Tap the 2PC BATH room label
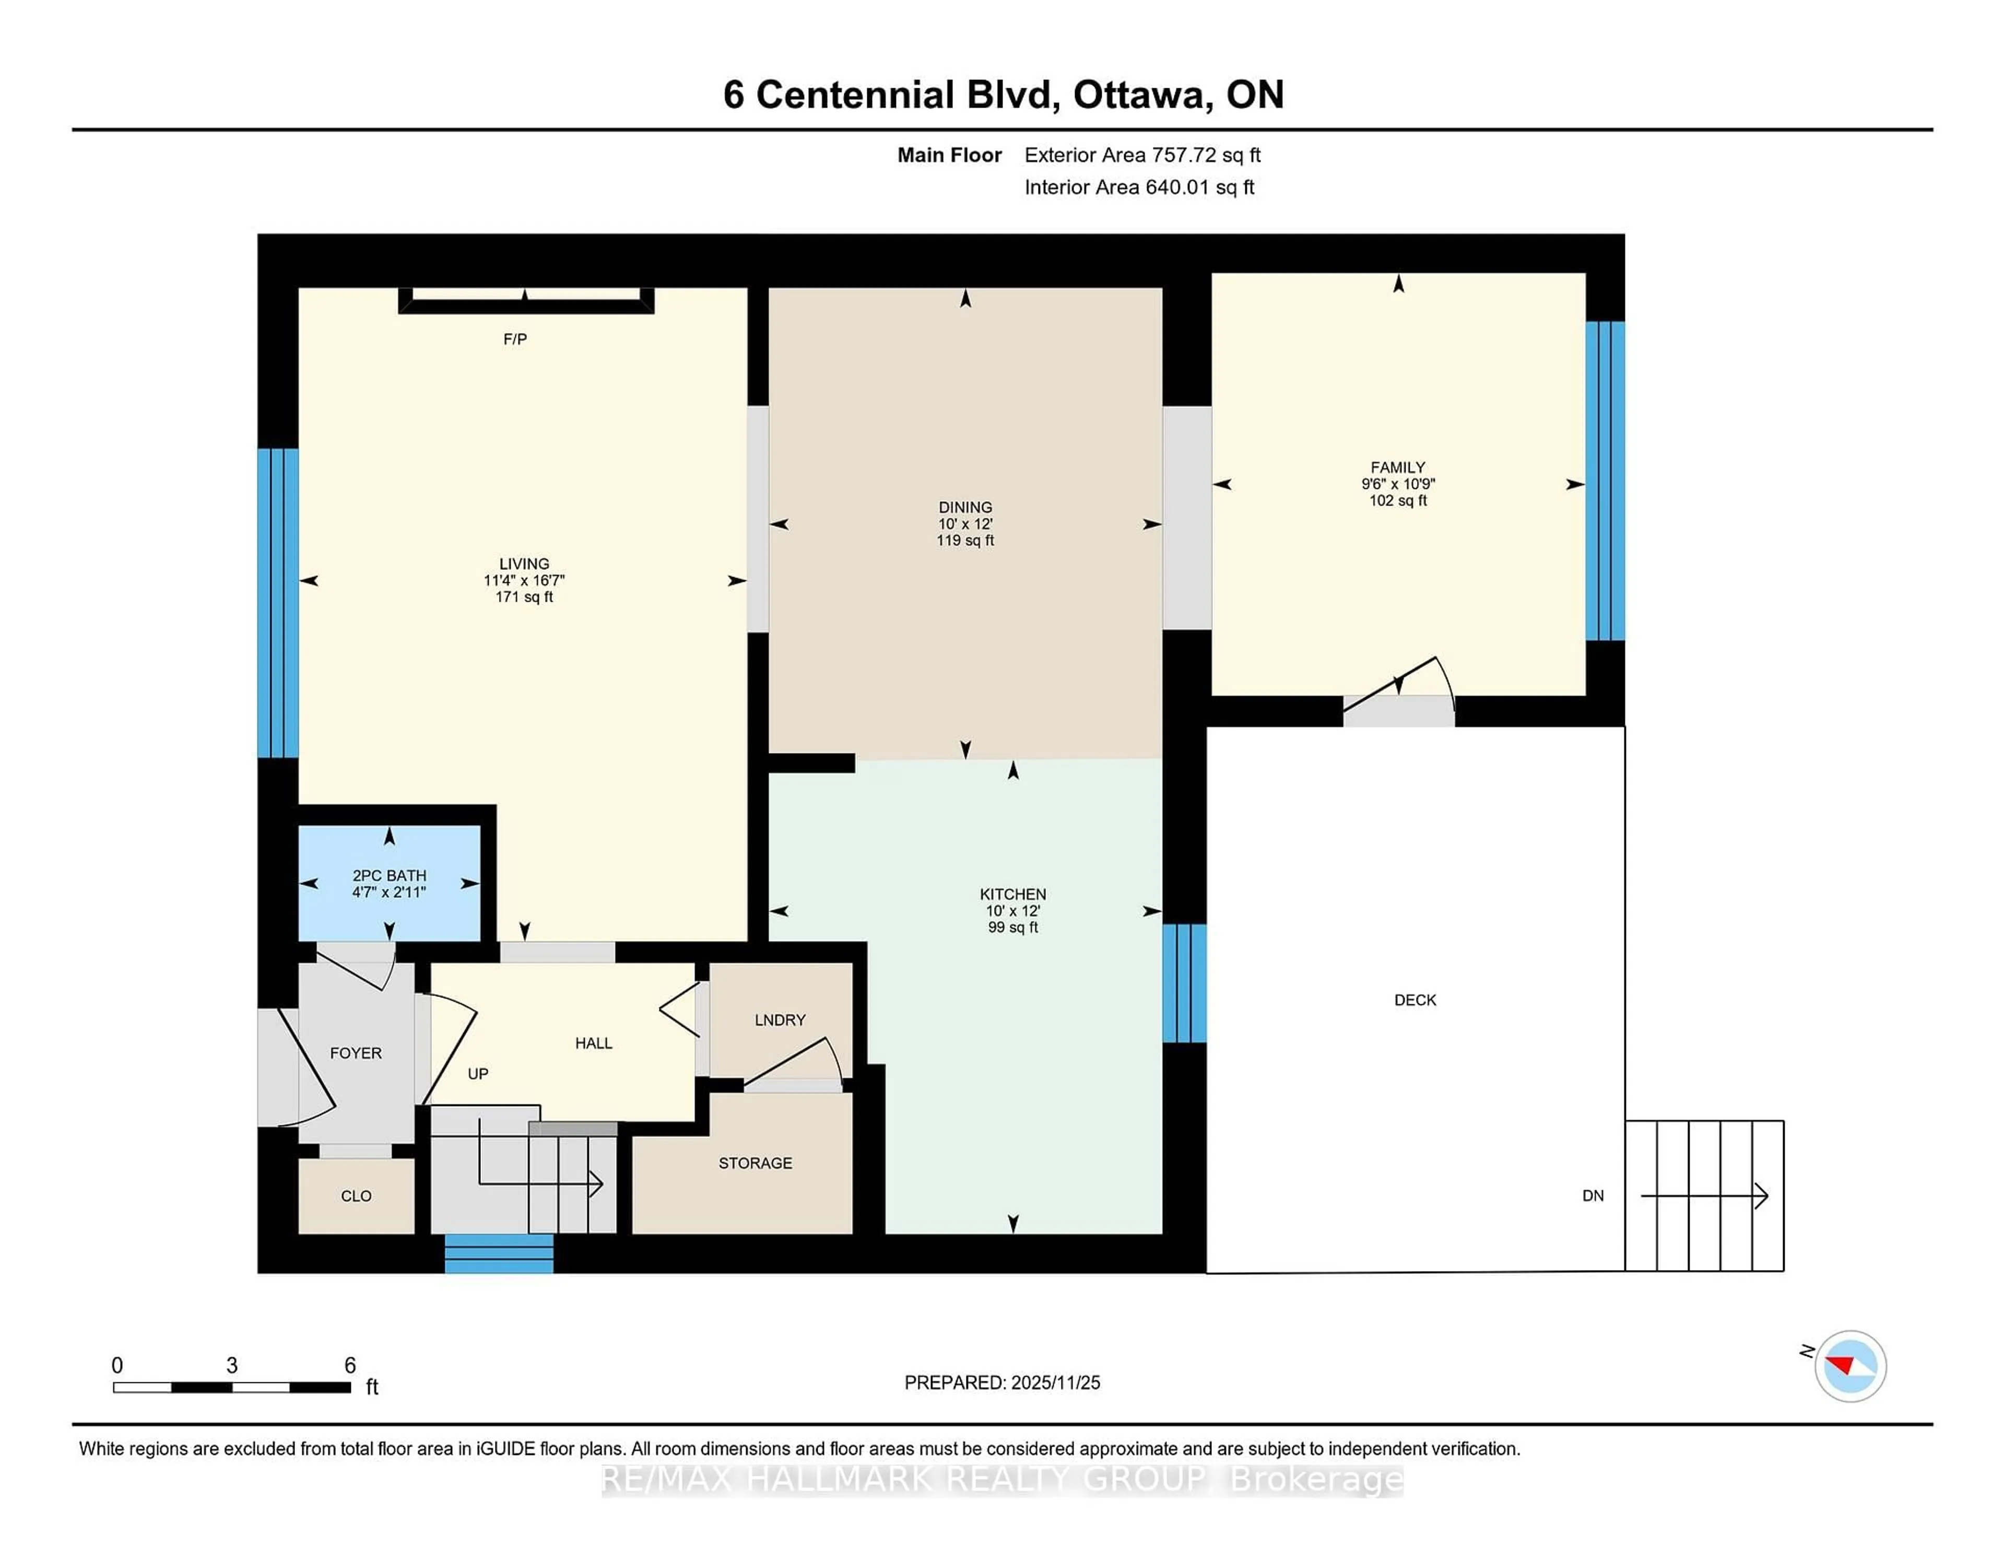pos(389,875)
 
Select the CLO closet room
pos(356,1195)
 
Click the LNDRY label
pos(780,1020)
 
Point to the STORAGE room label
pos(754,1162)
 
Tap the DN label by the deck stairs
pos(1593,1195)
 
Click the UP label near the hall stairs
pos(477,1073)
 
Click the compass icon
pos(1850,1366)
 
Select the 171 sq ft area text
pos(524,597)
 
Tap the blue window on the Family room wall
pos(1605,480)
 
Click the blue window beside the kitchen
pos(1184,982)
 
